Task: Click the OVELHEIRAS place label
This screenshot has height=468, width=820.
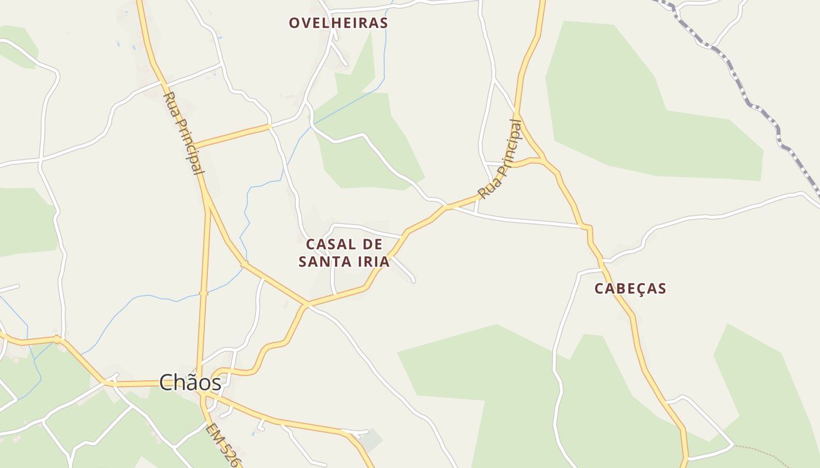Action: pos(338,23)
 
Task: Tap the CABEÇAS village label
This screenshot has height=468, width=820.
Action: pos(630,288)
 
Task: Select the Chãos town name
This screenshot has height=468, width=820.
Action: pos(190,383)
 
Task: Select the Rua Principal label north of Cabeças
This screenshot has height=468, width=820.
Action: pos(500,159)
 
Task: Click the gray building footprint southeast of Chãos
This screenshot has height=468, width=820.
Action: pos(371,440)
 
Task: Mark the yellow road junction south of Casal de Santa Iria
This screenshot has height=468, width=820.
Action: pos(306,304)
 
